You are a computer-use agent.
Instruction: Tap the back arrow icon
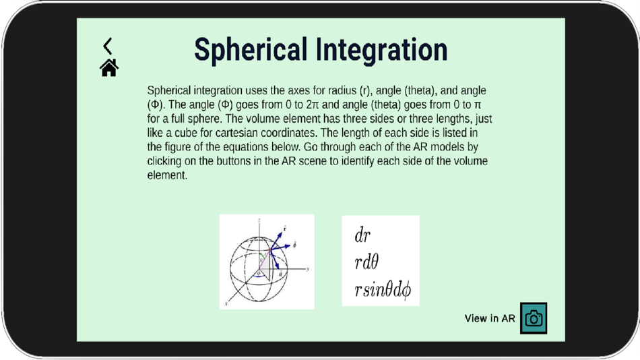(x=108, y=46)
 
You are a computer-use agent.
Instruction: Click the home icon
(x=109, y=67)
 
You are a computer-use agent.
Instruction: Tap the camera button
(x=534, y=318)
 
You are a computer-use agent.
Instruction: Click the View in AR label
(x=490, y=318)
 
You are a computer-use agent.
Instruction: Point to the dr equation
(x=362, y=235)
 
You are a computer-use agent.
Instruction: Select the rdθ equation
(x=366, y=263)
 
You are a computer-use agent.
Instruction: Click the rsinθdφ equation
(x=382, y=291)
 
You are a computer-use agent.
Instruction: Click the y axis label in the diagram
(x=308, y=269)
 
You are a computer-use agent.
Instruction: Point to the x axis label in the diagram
(x=226, y=304)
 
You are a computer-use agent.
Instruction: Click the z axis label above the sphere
(x=259, y=220)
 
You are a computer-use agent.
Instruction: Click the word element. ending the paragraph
(x=167, y=175)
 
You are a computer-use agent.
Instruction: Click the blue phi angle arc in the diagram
(x=258, y=276)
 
